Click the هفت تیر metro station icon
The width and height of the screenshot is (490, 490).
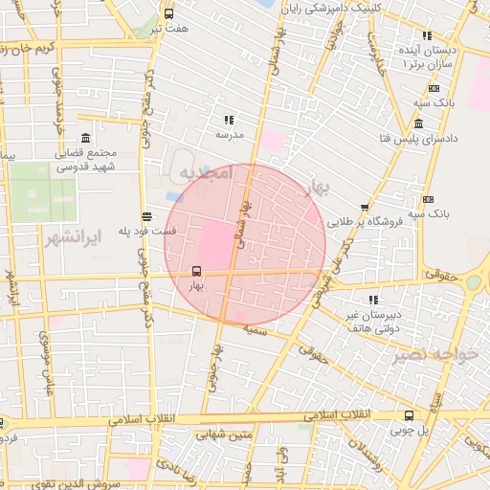tap(169, 14)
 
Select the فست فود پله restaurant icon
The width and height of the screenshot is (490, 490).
tap(145, 216)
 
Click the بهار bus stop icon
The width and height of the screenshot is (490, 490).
tap(197, 271)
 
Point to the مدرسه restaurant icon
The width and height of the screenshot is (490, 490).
tap(229, 121)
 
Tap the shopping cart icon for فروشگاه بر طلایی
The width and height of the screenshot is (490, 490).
tap(365, 208)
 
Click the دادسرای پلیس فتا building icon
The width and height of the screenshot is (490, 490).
tap(419, 124)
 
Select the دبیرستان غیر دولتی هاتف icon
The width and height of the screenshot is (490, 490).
tap(371, 300)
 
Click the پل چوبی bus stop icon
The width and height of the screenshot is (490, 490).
tap(410, 415)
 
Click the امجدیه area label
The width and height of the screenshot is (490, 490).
tap(205, 173)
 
